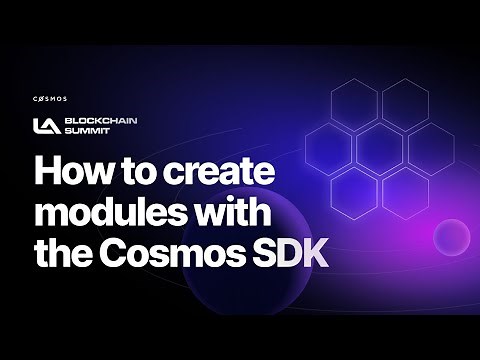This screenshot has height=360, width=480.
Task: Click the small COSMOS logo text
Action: [49, 100]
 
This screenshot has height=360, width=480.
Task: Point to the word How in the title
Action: [72, 172]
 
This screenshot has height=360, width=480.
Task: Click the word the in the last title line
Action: [66, 254]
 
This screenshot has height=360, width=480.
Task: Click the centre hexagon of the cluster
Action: [380, 145]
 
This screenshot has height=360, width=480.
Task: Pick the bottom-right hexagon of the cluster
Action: [405, 189]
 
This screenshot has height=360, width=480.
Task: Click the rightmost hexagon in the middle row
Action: [431, 145]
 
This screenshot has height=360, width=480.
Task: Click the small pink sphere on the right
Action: [451, 237]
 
